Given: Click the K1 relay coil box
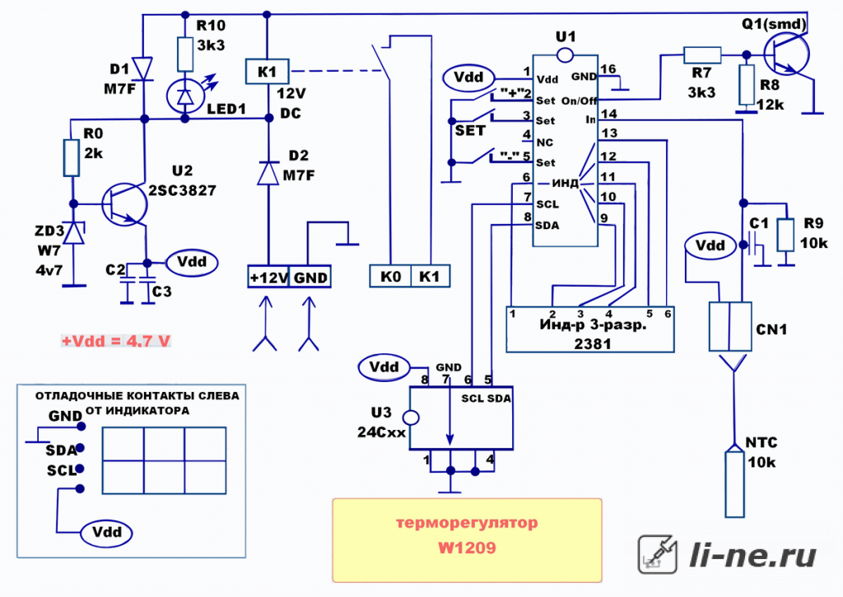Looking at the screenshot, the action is [268, 72].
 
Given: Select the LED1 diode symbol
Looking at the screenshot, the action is [185, 96].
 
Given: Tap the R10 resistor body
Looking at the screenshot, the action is [185, 54].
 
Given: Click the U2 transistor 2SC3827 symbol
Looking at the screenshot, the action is [124, 204].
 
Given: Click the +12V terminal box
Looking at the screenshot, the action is [268, 277].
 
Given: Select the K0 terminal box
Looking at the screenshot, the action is [390, 277].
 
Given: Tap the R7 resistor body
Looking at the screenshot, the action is [702, 55].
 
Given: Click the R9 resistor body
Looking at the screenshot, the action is [785, 235].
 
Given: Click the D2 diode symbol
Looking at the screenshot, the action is [268, 173].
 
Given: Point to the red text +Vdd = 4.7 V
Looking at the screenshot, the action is [116, 341].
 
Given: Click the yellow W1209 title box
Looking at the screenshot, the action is [467, 540].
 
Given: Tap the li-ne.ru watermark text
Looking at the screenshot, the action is [752, 554].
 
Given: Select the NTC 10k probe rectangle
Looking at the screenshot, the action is [734, 484].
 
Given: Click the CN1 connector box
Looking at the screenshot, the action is [730, 326].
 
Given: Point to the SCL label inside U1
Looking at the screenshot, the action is [547, 204].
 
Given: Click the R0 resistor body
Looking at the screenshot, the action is [72, 157].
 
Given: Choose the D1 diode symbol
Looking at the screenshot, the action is [143, 69].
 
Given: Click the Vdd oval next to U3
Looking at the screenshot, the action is [384, 367].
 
